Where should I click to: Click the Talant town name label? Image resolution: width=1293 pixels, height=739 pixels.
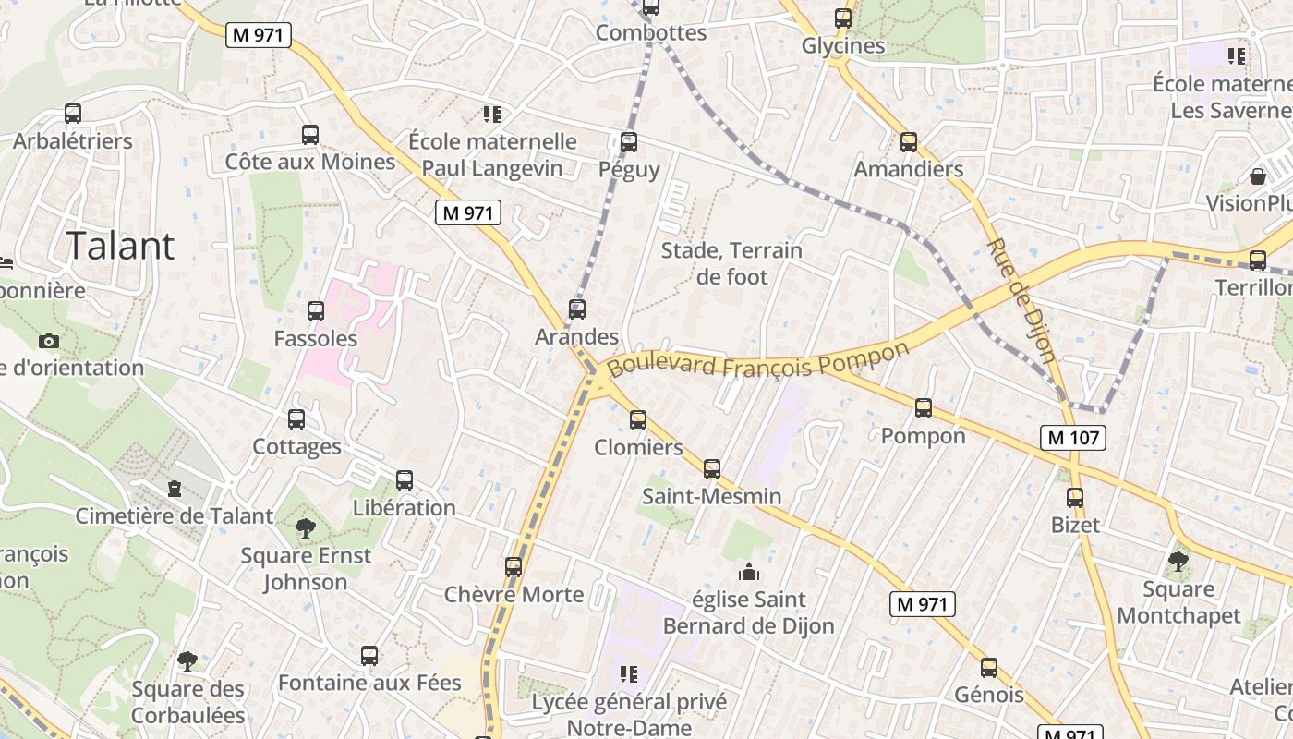[x=120, y=246]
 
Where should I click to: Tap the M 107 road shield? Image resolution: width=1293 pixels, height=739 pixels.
[x=1073, y=437]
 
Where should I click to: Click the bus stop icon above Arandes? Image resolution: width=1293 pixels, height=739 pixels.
[x=577, y=309]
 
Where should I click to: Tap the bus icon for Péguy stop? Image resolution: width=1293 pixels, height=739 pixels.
[x=629, y=142]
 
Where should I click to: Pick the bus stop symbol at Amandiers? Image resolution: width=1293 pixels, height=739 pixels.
[x=909, y=142]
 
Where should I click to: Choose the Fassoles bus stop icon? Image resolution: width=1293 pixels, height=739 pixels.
[x=316, y=311]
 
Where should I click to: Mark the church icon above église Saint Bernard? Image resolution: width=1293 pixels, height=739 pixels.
[x=749, y=572]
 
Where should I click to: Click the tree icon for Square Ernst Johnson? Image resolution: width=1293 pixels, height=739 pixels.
[x=305, y=528]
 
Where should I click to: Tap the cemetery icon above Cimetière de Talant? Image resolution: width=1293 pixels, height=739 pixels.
[x=175, y=489]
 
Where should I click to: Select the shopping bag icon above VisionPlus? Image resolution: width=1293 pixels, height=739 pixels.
[x=1257, y=176]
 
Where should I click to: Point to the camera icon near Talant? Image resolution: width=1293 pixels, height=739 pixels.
[x=49, y=341]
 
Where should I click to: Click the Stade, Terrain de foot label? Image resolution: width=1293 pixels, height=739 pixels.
[x=731, y=263]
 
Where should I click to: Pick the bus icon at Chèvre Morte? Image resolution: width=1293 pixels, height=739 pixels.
[x=514, y=566]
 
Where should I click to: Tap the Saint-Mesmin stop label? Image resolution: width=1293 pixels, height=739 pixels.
[x=711, y=496]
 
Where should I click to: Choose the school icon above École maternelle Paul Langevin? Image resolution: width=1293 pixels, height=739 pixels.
[x=492, y=115]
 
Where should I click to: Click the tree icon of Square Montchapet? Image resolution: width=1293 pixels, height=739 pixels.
[x=1178, y=561]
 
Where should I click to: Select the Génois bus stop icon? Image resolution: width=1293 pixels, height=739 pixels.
[x=989, y=668]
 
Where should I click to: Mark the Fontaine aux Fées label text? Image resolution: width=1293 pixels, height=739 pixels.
[x=369, y=683]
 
